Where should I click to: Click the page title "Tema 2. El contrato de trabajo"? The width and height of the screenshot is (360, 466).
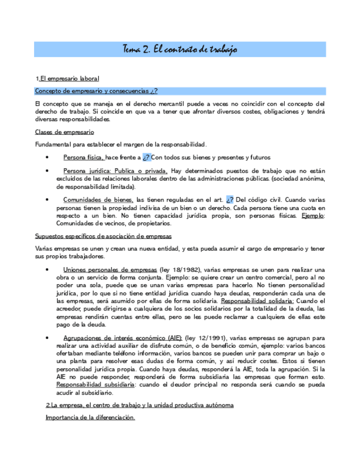coord(179,49)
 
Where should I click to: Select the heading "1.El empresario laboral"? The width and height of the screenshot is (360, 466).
coord(67,79)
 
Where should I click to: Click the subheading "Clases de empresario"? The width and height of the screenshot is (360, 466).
coord(64,132)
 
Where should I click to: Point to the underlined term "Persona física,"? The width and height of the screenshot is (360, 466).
coord(83,158)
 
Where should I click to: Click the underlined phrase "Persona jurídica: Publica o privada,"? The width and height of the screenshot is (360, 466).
coord(115,171)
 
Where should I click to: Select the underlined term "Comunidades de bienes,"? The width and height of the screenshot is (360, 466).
coord(98,200)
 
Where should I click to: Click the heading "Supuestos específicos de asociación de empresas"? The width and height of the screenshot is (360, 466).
coord(103,236)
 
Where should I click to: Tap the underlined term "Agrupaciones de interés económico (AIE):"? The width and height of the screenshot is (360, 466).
coord(123,337)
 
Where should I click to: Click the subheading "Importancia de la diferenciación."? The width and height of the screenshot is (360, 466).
coord(90,418)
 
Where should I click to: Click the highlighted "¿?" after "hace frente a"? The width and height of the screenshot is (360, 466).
coord(147,158)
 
